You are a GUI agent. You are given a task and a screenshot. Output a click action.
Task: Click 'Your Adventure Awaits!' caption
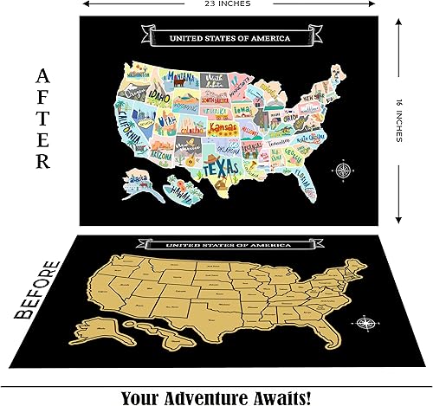pos(216,395)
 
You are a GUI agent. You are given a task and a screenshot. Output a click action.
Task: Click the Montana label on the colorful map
pos(183,74)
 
